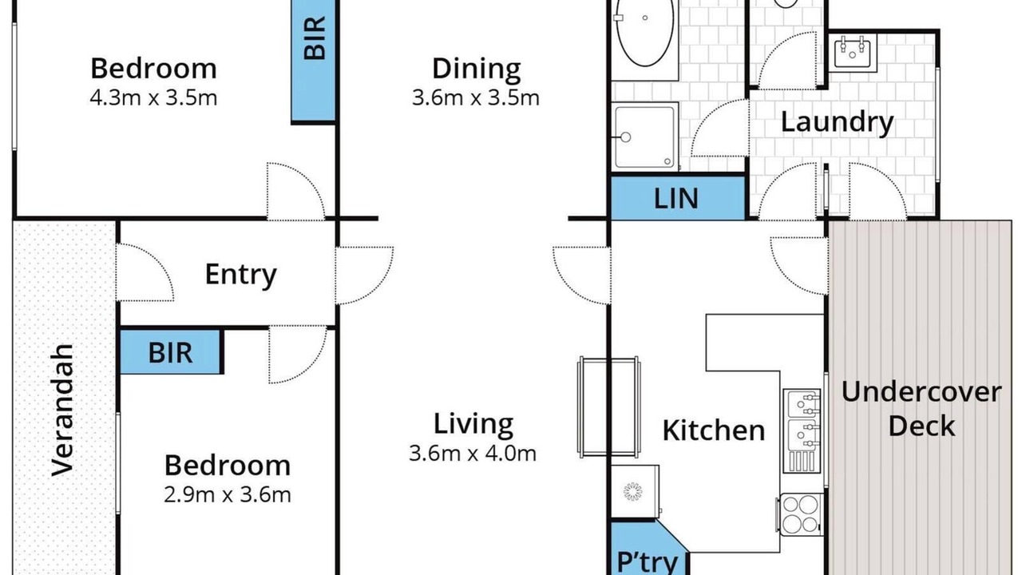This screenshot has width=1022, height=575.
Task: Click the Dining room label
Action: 477,69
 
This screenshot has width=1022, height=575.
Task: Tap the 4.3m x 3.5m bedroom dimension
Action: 153,97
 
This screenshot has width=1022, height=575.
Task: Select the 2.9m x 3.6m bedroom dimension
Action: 228,494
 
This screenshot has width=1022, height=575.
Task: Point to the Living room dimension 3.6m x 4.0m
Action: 473,453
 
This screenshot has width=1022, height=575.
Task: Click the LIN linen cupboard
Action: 678,198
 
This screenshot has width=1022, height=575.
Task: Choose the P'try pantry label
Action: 647,561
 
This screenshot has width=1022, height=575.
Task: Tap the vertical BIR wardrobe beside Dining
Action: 314,60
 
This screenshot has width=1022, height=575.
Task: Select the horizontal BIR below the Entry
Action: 171,352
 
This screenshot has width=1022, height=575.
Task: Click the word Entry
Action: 240,274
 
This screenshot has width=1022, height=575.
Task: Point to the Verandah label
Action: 62,410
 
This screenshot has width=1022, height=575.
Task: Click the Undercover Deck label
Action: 921,409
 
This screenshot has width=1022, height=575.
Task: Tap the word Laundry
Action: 838,122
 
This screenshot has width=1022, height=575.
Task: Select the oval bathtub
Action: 644,32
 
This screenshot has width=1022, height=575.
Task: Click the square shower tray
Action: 644,137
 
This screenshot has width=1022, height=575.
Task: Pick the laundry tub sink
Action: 852,52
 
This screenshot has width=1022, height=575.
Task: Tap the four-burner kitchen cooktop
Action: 800,514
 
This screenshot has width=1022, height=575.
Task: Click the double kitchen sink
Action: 802,430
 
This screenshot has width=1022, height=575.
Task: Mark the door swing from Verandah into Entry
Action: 145,272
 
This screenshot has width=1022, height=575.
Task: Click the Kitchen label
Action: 714,430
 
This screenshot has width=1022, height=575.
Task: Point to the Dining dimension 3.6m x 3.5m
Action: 475,97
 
